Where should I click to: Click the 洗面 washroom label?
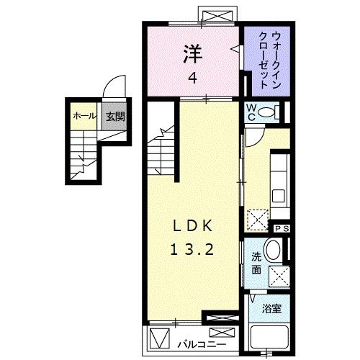[x=256, y=264]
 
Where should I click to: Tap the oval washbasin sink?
[x=274, y=251]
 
